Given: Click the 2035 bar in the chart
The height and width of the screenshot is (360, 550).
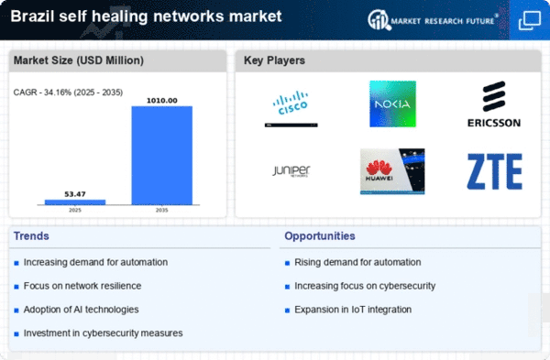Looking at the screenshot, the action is click(161, 156).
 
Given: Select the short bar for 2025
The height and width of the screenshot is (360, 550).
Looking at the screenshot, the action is click(75, 202).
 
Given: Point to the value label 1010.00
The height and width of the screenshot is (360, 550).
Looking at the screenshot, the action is click(161, 101).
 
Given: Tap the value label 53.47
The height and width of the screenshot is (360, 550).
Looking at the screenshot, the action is click(75, 194).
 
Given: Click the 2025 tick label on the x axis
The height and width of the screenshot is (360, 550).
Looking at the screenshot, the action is click(75, 210).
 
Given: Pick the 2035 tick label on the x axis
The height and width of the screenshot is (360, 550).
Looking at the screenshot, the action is click(161, 210).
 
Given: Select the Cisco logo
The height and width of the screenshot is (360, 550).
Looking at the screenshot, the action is click(291, 108).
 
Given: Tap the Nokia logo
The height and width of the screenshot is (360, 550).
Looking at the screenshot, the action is click(393, 104).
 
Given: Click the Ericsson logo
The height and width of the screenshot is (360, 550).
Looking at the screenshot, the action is click(494, 104).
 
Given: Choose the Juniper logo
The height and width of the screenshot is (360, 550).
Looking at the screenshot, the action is click(291, 171).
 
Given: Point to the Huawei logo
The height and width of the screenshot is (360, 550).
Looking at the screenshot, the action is click(392, 171).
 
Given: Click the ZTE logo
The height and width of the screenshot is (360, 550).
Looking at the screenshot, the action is click(495, 171).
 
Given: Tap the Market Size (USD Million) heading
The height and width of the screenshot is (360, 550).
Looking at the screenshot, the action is click(79, 60).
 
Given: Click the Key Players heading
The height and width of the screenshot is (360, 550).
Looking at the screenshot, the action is click(274, 60).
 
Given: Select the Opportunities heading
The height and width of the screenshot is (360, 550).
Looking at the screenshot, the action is click(320, 236).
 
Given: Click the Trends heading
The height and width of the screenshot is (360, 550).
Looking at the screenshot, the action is click(31, 236).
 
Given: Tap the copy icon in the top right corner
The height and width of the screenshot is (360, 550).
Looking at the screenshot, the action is click(530, 21).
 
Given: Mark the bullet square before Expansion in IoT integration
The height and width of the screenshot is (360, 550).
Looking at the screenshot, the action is click(287, 311).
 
